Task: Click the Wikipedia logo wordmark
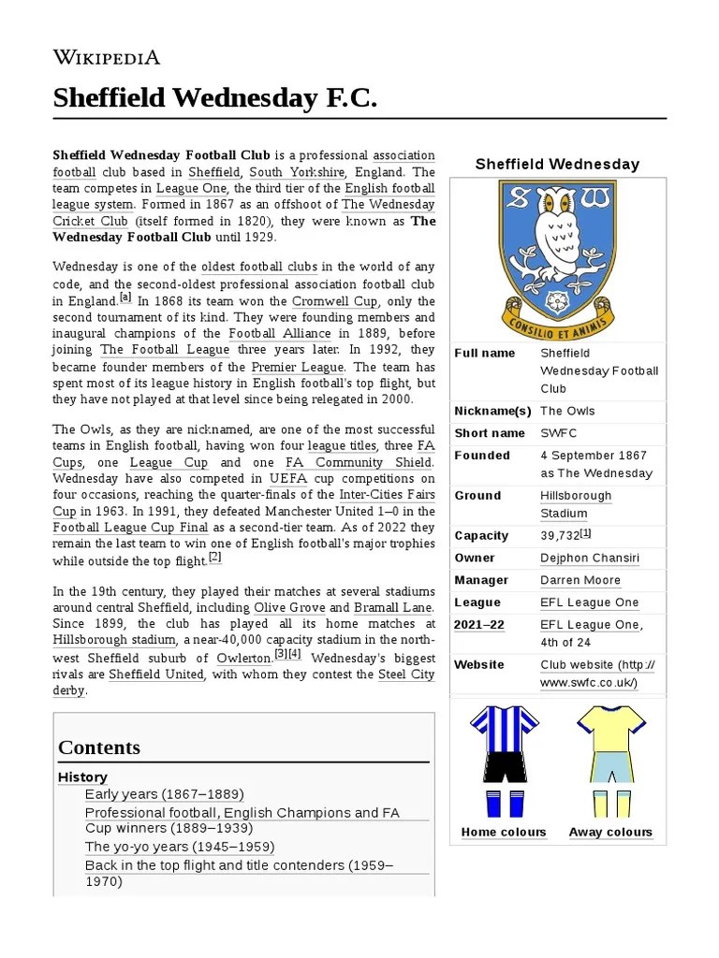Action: point(107,57)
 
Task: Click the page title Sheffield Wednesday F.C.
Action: point(214,97)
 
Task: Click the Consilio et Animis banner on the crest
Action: point(558,322)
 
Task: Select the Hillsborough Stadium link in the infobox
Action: point(575,504)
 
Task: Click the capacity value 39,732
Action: point(560,536)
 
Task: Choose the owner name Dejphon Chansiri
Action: point(590,559)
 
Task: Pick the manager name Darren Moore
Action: point(580,581)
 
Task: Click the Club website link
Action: point(596,674)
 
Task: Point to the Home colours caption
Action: point(504,833)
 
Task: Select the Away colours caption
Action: point(610,833)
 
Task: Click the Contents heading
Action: point(99,748)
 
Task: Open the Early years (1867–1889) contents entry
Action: point(164,794)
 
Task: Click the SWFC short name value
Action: point(559,433)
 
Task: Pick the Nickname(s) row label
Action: point(492,412)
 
